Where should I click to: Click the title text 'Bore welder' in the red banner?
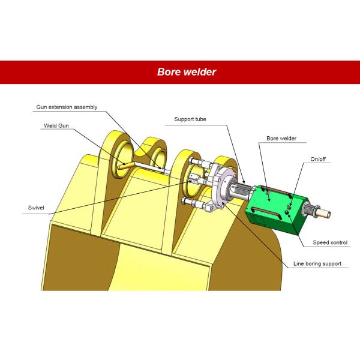187,72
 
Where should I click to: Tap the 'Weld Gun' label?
56,126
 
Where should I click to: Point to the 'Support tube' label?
190,119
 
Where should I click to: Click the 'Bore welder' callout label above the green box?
281,138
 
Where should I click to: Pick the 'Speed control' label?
330,243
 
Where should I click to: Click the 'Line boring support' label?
317,263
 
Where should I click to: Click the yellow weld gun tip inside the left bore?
123,163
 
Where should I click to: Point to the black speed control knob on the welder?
287,212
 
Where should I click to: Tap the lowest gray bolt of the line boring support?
191,202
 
